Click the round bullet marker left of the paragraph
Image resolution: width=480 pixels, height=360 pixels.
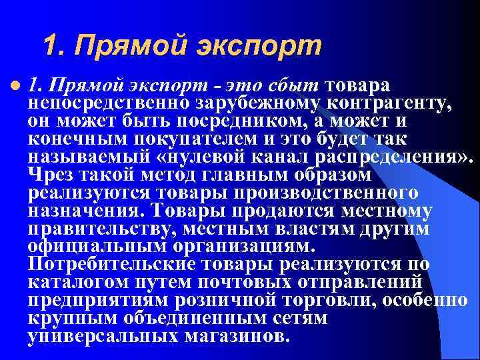pos(15,86)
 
